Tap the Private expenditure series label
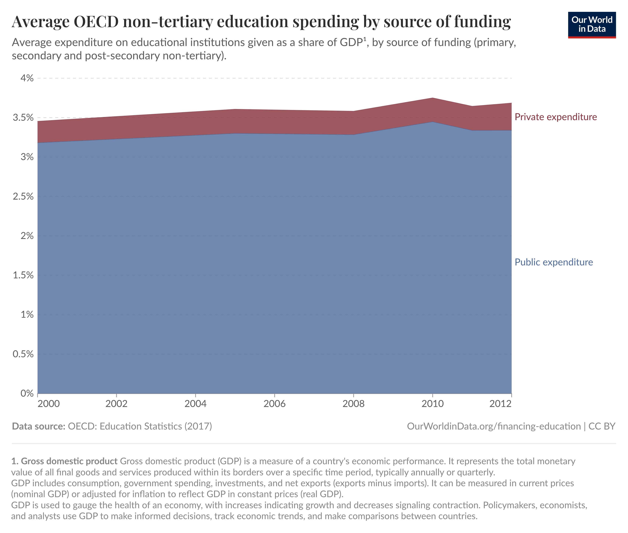tap(556, 117)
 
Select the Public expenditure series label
tap(553, 262)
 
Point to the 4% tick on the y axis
tap(27, 78)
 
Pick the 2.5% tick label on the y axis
tap(23, 196)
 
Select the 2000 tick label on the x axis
tap(49, 404)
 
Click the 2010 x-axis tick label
tap(432, 404)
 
